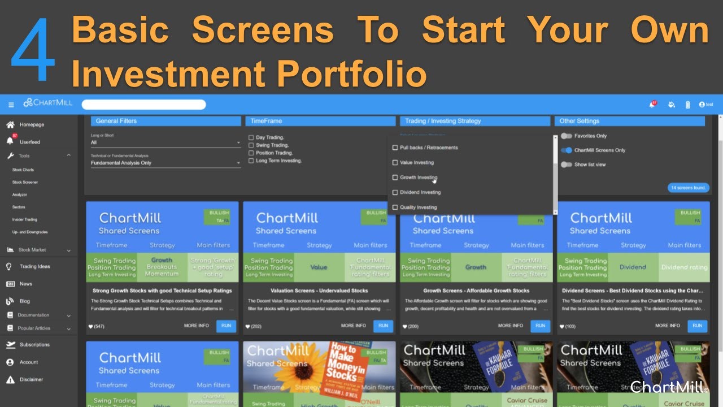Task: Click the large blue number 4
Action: point(33,49)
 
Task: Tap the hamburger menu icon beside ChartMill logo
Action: point(11,105)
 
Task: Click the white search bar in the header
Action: point(143,105)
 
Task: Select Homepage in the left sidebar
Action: point(31,124)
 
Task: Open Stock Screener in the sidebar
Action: point(25,182)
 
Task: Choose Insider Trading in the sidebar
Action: point(24,219)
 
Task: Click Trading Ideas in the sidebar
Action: point(34,266)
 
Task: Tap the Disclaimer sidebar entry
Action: point(31,379)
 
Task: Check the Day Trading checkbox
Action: point(251,137)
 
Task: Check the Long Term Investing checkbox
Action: point(251,161)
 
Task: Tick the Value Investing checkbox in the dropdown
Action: point(395,163)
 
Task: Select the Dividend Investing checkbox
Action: point(395,192)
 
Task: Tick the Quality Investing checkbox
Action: point(395,207)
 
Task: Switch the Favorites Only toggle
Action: point(566,136)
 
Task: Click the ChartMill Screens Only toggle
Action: point(566,150)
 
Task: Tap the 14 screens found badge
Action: point(688,188)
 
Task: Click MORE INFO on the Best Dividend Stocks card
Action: point(667,326)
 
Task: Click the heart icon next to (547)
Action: point(90,327)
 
